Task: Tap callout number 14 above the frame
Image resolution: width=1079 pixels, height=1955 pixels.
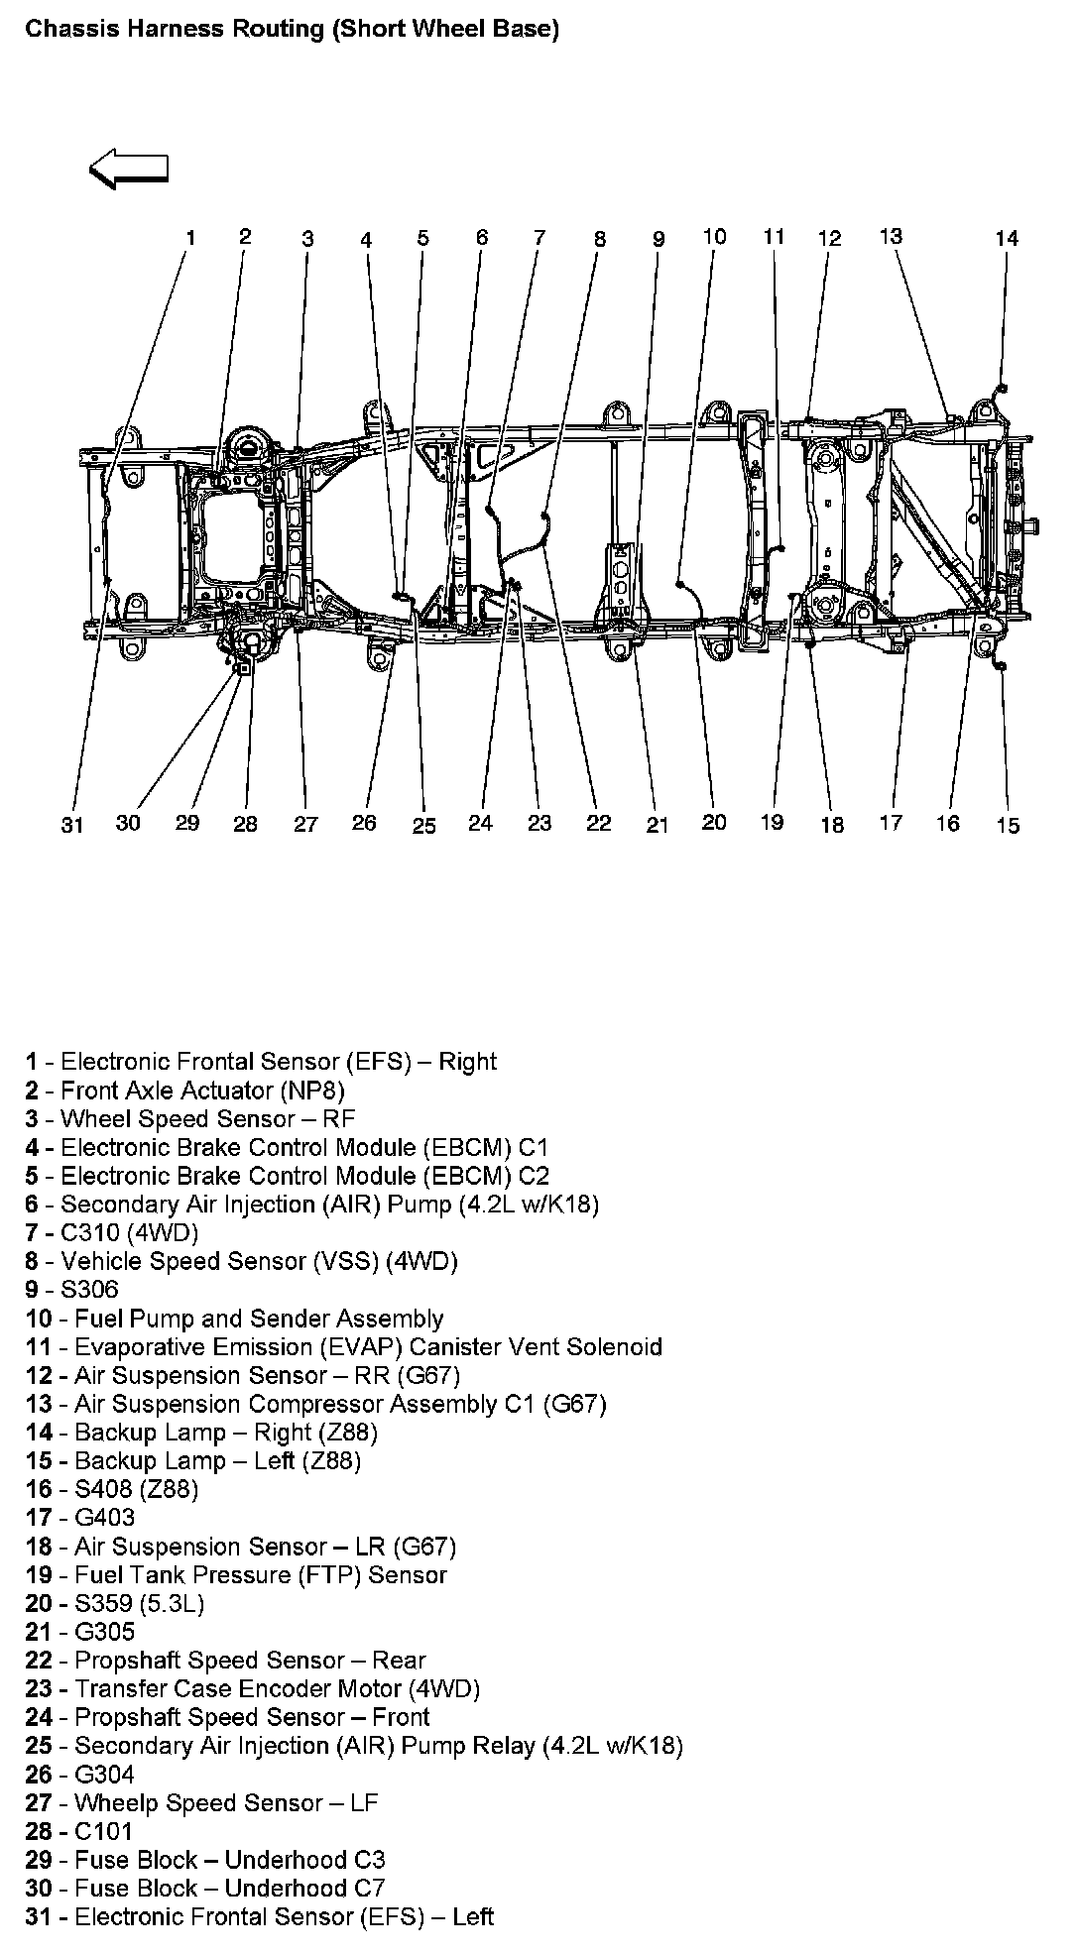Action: tap(1007, 238)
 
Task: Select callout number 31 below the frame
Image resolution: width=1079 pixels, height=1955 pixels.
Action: tap(72, 825)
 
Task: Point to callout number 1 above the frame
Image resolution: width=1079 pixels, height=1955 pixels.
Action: tap(190, 237)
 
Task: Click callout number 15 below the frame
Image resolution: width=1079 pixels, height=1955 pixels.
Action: tap(1008, 825)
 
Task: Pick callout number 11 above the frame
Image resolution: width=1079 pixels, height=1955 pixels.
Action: tap(774, 236)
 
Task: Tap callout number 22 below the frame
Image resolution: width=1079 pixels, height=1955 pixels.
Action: tap(599, 824)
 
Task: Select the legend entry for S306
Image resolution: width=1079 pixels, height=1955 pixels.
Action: tap(71, 1289)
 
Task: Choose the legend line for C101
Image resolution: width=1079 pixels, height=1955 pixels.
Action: tap(78, 1831)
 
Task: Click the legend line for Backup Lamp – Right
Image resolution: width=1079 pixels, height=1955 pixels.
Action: tap(201, 1432)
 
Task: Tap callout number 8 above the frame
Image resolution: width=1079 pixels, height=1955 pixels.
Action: tap(600, 239)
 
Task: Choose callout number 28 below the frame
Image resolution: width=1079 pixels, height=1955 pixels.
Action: tap(245, 824)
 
